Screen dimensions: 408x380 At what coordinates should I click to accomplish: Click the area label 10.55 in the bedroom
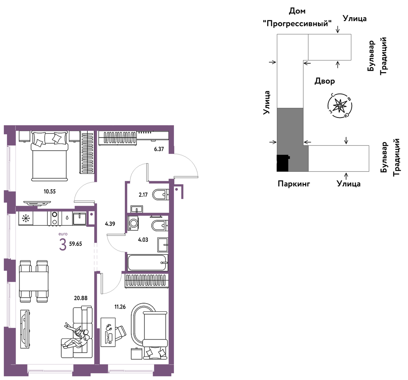point(49,192)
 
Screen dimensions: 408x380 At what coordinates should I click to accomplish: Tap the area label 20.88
point(81,298)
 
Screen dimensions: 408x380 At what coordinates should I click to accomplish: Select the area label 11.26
point(120,307)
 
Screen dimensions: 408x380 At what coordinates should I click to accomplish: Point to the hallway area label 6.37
point(159,149)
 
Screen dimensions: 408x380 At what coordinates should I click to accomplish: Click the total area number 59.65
point(75,244)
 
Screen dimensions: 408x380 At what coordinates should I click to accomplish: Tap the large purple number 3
point(63,245)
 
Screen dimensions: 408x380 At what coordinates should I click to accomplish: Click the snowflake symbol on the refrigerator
point(26,218)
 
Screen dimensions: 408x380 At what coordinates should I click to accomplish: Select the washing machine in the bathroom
point(133,223)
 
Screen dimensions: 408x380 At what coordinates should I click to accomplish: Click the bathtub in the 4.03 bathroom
point(147,262)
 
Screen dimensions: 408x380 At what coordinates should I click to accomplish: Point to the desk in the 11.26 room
point(108,332)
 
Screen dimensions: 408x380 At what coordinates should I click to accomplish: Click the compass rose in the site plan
point(340,106)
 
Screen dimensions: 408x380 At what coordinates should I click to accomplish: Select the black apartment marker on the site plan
point(283,163)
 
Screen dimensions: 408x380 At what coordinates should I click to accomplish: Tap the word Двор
point(325,81)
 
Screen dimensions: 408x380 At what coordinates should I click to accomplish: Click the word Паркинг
point(294,184)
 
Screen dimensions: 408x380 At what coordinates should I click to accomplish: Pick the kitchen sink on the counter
point(79,218)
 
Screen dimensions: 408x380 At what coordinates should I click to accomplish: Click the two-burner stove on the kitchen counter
point(55,218)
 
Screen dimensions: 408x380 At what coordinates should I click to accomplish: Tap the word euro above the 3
point(63,234)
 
